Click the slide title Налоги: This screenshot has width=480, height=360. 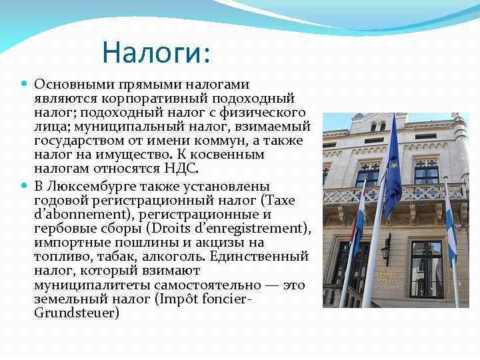click(156, 53)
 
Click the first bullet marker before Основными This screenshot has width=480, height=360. click(25, 85)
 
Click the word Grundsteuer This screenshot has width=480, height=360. click(77, 312)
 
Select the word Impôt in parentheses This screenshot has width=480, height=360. click(177, 299)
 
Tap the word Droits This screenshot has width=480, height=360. click(174, 228)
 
